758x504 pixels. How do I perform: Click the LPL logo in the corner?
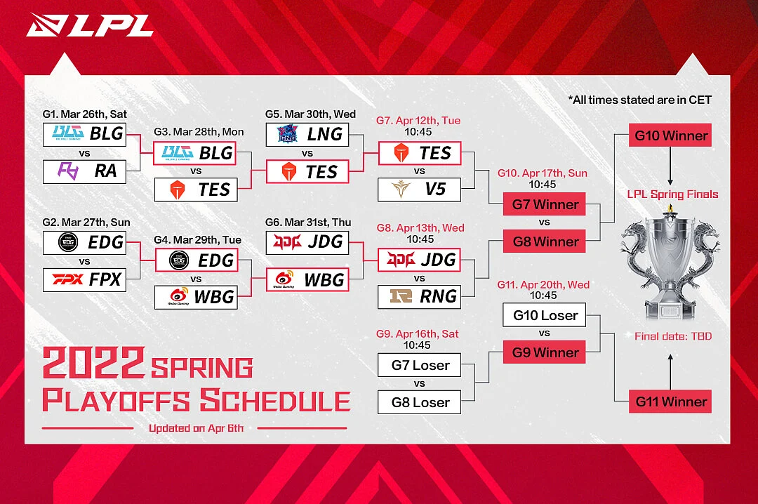point(90,25)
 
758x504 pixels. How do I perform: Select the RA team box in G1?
point(85,172)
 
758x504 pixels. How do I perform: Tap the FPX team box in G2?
point(85,280)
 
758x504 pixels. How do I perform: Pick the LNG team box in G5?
point(307,135)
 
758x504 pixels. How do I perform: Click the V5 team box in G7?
point(419,190)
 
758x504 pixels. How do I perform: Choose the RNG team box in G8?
point(419,297)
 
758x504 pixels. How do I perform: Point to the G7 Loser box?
point(419,365)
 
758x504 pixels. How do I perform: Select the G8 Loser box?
point(419,402)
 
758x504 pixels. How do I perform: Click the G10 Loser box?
point(545,315)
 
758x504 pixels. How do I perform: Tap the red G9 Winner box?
point(545,352)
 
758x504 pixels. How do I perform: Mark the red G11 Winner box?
point(670,402)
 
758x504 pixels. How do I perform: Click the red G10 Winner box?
point(670,135)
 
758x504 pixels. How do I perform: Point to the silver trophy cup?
point(670,264)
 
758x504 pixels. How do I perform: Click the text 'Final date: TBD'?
point(673,337)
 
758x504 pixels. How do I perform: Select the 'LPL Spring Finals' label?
point(672,194)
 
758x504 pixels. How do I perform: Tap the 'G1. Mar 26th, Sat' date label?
point(85,114)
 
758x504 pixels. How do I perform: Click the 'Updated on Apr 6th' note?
point(196,428)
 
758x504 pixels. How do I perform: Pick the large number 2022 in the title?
point(93,363)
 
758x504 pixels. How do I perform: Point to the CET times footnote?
point(639,100)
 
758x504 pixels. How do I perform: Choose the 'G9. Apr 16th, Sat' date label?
point(417,333)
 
